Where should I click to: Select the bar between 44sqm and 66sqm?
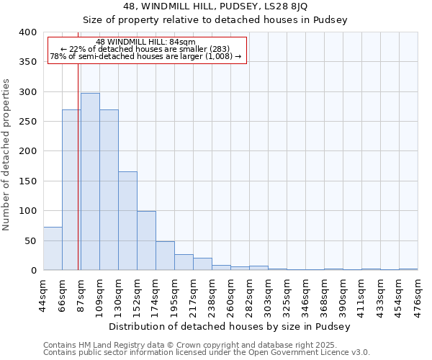[x=53, y=248]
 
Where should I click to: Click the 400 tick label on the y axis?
[x=27, y=32]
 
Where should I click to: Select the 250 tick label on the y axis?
[x=27, y=122]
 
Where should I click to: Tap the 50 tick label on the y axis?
[x=30, y=240]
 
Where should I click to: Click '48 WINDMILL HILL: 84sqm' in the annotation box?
[x=145, y=42]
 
